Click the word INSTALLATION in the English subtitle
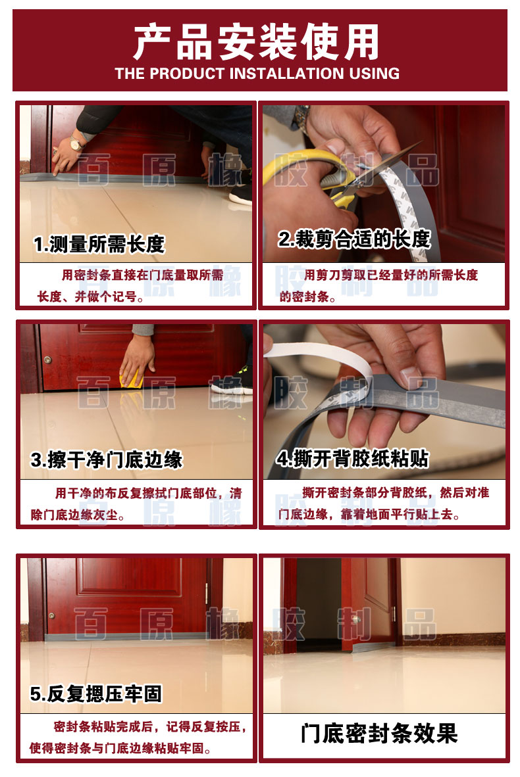(x=287, y=74)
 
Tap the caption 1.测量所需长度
(x=99, y=245)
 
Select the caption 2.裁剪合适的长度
(x=353, y=239)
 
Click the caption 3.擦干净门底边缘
(x=107, y=460)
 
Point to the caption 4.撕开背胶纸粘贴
(x=352, y=458)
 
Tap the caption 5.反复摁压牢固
(x=95, y=694)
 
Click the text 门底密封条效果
(x=379, y=734)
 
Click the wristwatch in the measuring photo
(x=76, y=144)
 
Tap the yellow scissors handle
(x=307, y=174)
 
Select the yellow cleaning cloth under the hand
(x=132, y=381)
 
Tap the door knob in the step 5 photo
(x=51, y=616)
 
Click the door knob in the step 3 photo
(x=47, y=360)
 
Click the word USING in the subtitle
(x=375, y=74)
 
